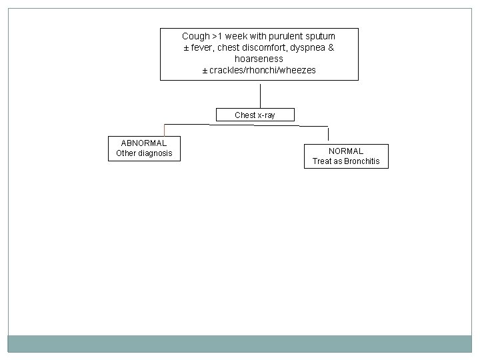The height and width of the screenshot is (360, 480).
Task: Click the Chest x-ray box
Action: tap(255, 115)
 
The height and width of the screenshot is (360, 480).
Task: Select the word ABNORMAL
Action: tap(144, 143)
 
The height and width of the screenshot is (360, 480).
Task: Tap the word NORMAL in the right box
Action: tap(346, 151)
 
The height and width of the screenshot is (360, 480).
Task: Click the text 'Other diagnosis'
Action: tap(144, 153)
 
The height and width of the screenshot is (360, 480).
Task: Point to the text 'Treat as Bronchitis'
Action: tap(346, 161)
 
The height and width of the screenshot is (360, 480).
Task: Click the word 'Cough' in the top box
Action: tap(195, 36)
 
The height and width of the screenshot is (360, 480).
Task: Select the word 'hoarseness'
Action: tap(259, 59)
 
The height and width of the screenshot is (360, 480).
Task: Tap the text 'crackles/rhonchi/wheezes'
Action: tap(263, 70)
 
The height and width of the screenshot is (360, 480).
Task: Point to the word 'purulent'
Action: tap(285, 36)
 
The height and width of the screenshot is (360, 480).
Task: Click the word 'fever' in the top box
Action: tap(203, 47)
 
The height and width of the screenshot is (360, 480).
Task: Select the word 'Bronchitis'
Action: tap(361, 161)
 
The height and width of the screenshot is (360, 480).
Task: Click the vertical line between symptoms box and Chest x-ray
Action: tap(259, 94)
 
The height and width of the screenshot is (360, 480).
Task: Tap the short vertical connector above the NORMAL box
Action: tap(328, 134)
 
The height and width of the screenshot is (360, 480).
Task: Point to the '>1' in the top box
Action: tap(217, 36)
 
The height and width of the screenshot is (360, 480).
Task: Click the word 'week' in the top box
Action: tap(237, 36)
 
